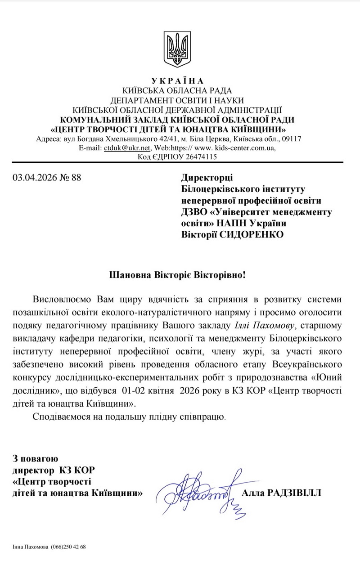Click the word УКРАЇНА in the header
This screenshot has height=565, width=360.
177,81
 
